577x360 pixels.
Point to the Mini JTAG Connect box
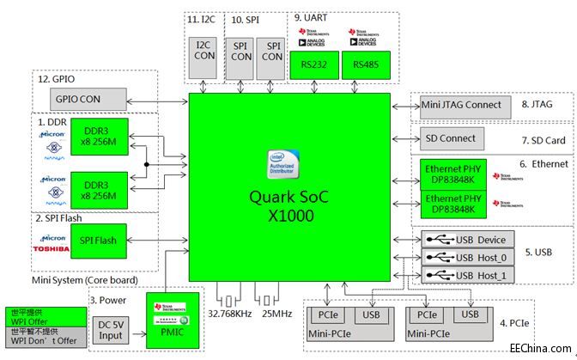(461, 105)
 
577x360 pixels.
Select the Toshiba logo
(52, 247)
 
